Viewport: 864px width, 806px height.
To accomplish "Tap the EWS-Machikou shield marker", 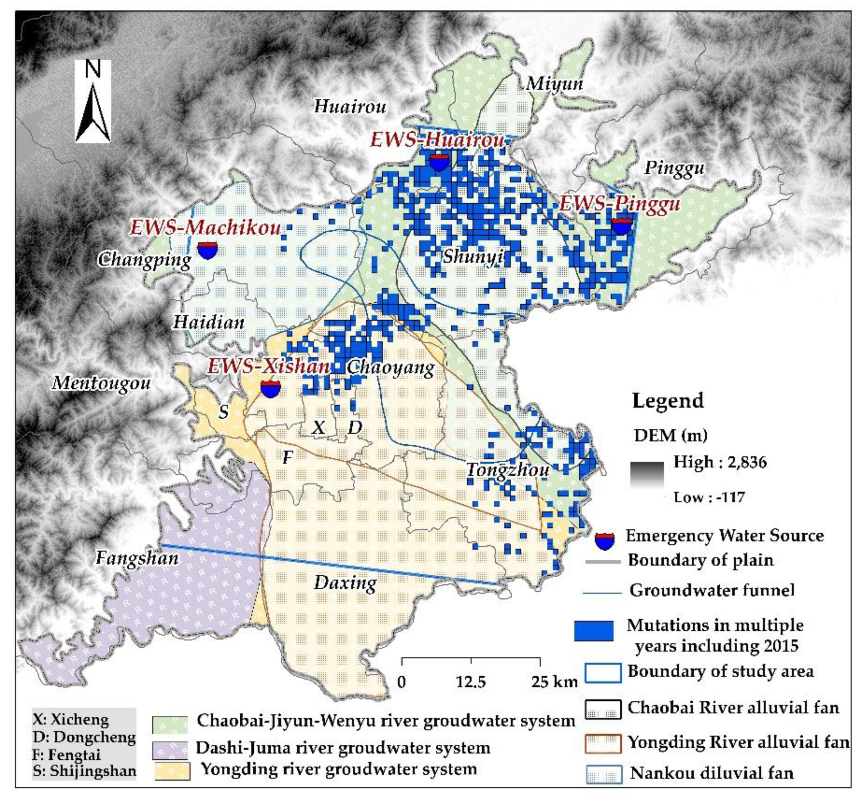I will pos(207,251).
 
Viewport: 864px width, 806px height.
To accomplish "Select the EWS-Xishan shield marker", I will pos(270,388).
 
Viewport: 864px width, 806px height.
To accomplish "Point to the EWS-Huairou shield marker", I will pos(439,162).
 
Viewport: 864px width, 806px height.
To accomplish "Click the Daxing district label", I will pos(345,583).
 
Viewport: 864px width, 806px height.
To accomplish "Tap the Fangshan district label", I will pos(137,558).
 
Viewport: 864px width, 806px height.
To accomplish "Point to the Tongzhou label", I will pos(508,470).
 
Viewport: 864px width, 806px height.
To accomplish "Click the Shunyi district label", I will pos(473,257).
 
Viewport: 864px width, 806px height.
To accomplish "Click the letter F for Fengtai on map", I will pos(287,457).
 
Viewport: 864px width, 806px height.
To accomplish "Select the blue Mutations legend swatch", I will pos(594,631).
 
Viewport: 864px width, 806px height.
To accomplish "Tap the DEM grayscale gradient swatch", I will pos(647,475).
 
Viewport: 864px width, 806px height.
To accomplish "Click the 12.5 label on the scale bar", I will pos(471,682).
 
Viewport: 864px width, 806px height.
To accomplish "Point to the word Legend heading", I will pos(668,401).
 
